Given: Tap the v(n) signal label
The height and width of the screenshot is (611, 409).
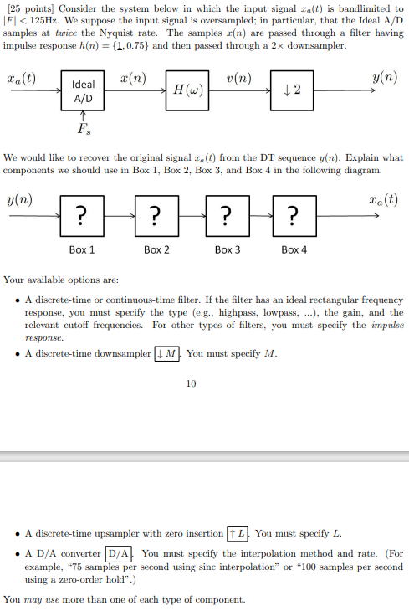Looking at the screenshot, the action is [x=238, y=80].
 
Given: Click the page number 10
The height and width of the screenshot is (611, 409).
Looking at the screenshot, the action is [x=192, y=384].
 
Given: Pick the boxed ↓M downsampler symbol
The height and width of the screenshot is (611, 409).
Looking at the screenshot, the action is [x=168, y=353].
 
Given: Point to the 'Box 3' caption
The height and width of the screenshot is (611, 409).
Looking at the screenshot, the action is [x=228, y=249].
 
